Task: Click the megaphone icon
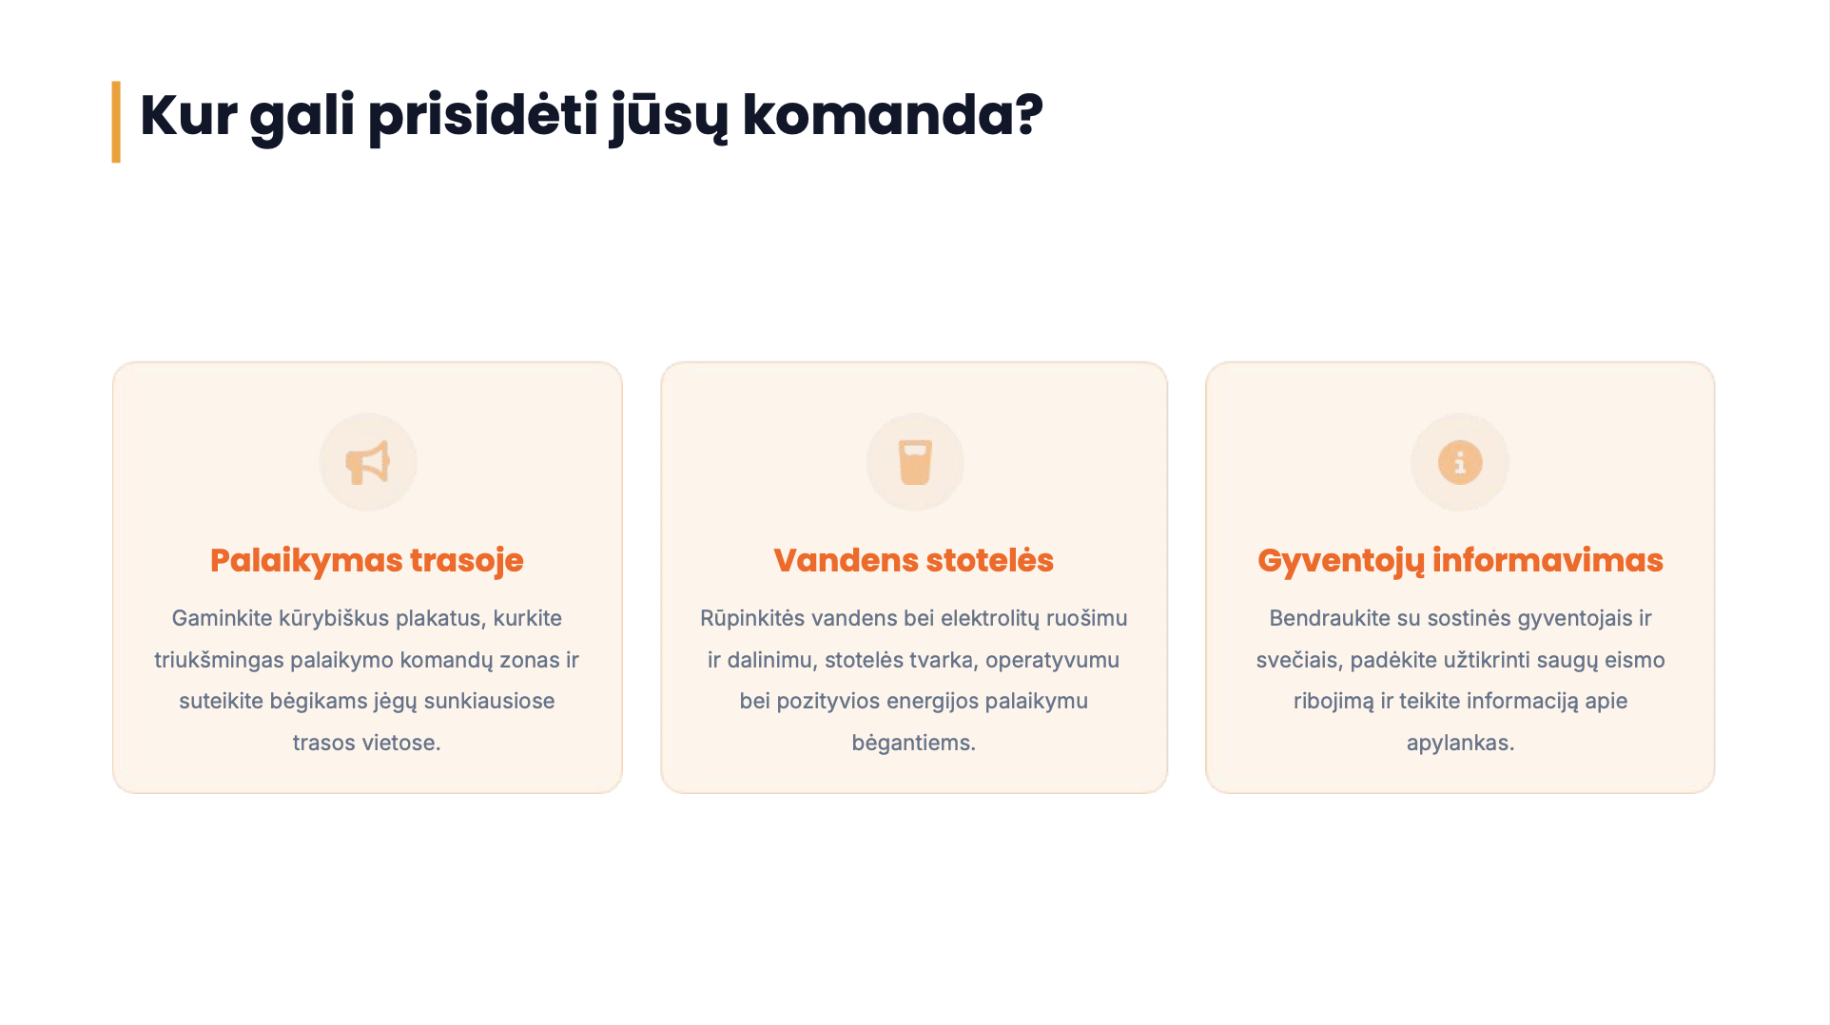click(367, 463)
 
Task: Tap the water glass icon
click(915, 463)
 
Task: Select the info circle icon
click(1460, 463)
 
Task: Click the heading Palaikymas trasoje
click(367, 561)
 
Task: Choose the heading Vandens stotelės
click(914, 560)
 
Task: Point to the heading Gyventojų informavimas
click(1460, 561)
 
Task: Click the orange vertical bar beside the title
click(116, 122)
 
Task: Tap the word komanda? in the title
click(892, 115)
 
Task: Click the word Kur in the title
click(188, 115)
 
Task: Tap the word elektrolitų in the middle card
click(990, 618)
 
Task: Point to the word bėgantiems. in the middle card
click(914, 744)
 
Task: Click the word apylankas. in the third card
click(1460, 744)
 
